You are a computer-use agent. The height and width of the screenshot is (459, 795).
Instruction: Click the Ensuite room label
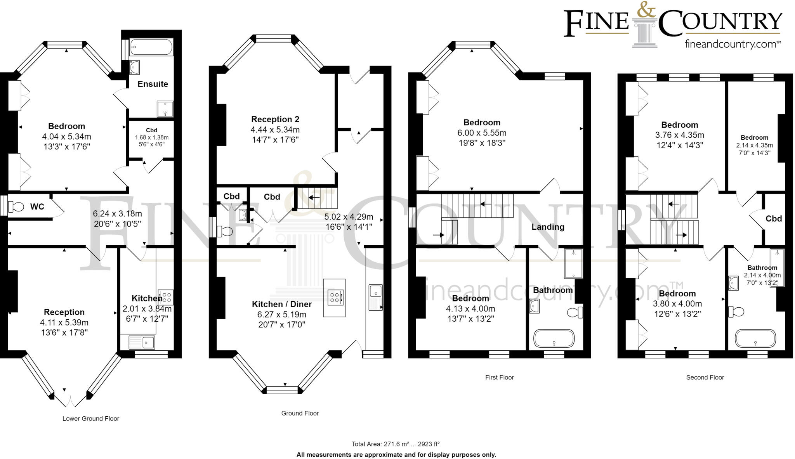coord(153,84)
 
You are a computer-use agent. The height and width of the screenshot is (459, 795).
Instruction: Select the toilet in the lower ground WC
coord(16,206)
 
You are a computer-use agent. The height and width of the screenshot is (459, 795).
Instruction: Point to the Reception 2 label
coord(275,119)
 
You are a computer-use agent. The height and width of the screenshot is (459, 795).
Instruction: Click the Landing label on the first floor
coord(548,227)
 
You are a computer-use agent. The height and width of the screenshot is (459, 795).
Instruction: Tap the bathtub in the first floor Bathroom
coord(554,338)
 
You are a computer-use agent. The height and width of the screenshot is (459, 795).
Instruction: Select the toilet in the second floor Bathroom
coord(736,312)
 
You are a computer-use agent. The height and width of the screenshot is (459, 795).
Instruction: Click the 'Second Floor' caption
coord(705,378)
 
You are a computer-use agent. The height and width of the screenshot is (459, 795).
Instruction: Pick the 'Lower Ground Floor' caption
coord(91,419)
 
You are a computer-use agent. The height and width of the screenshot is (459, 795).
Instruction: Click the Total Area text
coord(396,444)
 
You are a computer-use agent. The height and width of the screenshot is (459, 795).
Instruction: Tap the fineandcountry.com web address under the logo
coord(733,44)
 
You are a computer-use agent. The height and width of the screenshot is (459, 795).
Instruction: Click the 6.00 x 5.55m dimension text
coord(482,133)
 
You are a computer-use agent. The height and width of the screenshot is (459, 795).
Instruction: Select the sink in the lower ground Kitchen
coord(142,342)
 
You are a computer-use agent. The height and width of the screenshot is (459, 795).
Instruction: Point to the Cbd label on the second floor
coord(773,219)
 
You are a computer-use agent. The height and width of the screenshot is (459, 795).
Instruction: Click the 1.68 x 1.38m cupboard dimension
coord(152,137)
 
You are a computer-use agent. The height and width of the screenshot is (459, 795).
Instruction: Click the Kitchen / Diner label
coord(282,304)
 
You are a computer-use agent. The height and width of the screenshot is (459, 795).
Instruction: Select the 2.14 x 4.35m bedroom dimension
coord(754,145)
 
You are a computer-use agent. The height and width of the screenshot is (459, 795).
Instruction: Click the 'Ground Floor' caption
coord(300,414)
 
